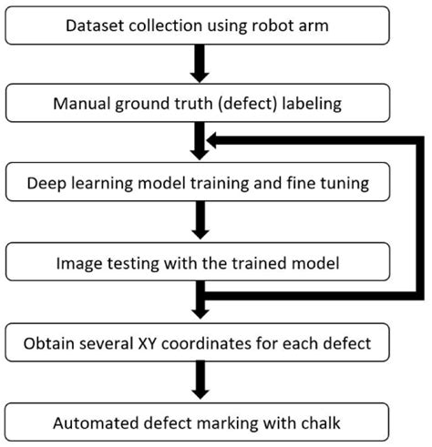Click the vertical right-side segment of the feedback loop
point(421,218)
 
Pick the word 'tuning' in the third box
point(343,183)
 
